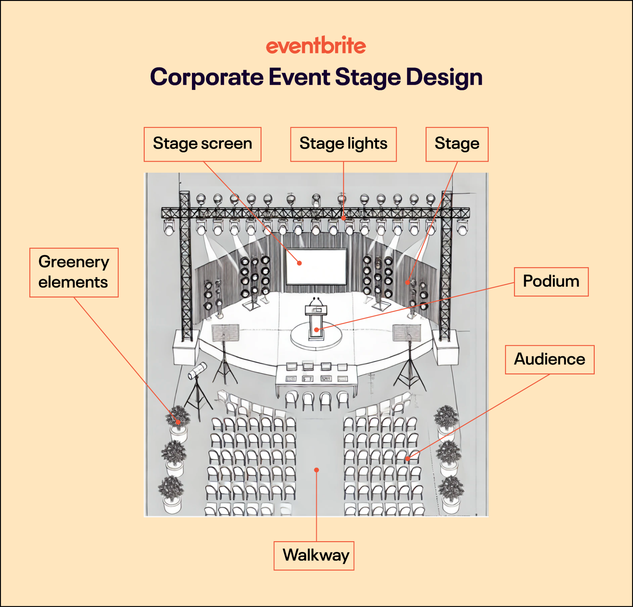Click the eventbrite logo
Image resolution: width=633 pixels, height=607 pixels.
point(316,46)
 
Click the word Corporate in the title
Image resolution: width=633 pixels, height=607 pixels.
point(207,77)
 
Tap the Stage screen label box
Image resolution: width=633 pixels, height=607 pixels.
point(202,144)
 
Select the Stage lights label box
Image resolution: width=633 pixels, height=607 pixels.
point(343,144)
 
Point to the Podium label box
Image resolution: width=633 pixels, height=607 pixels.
point(551,281)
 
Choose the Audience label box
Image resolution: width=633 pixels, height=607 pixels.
point(549,360)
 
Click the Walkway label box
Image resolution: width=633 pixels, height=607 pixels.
point(313,556)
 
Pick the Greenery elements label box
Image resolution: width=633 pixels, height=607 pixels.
point(74,272)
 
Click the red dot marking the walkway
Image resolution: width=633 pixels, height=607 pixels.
point(317,470)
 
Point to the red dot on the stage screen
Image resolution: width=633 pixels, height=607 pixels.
point(299,263)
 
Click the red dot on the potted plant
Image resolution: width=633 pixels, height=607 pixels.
point(178,422)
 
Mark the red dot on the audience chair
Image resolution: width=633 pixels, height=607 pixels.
point(408,458)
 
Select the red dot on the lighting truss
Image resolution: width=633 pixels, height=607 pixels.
point(344,218)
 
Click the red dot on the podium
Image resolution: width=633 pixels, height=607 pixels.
point(317,329)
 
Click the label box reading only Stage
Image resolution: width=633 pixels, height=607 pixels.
point(457,144)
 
